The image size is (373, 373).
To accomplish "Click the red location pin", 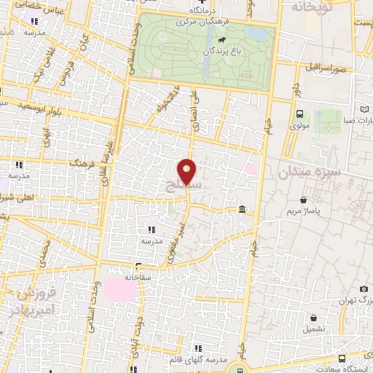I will (188, 171).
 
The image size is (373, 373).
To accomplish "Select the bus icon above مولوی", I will (299, 114).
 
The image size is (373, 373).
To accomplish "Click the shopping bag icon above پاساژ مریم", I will (303, 198).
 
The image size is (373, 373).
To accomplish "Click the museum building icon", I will (241, 211).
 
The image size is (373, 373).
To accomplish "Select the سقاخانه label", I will (138, 276).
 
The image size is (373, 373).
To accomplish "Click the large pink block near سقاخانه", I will (119, 288).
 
